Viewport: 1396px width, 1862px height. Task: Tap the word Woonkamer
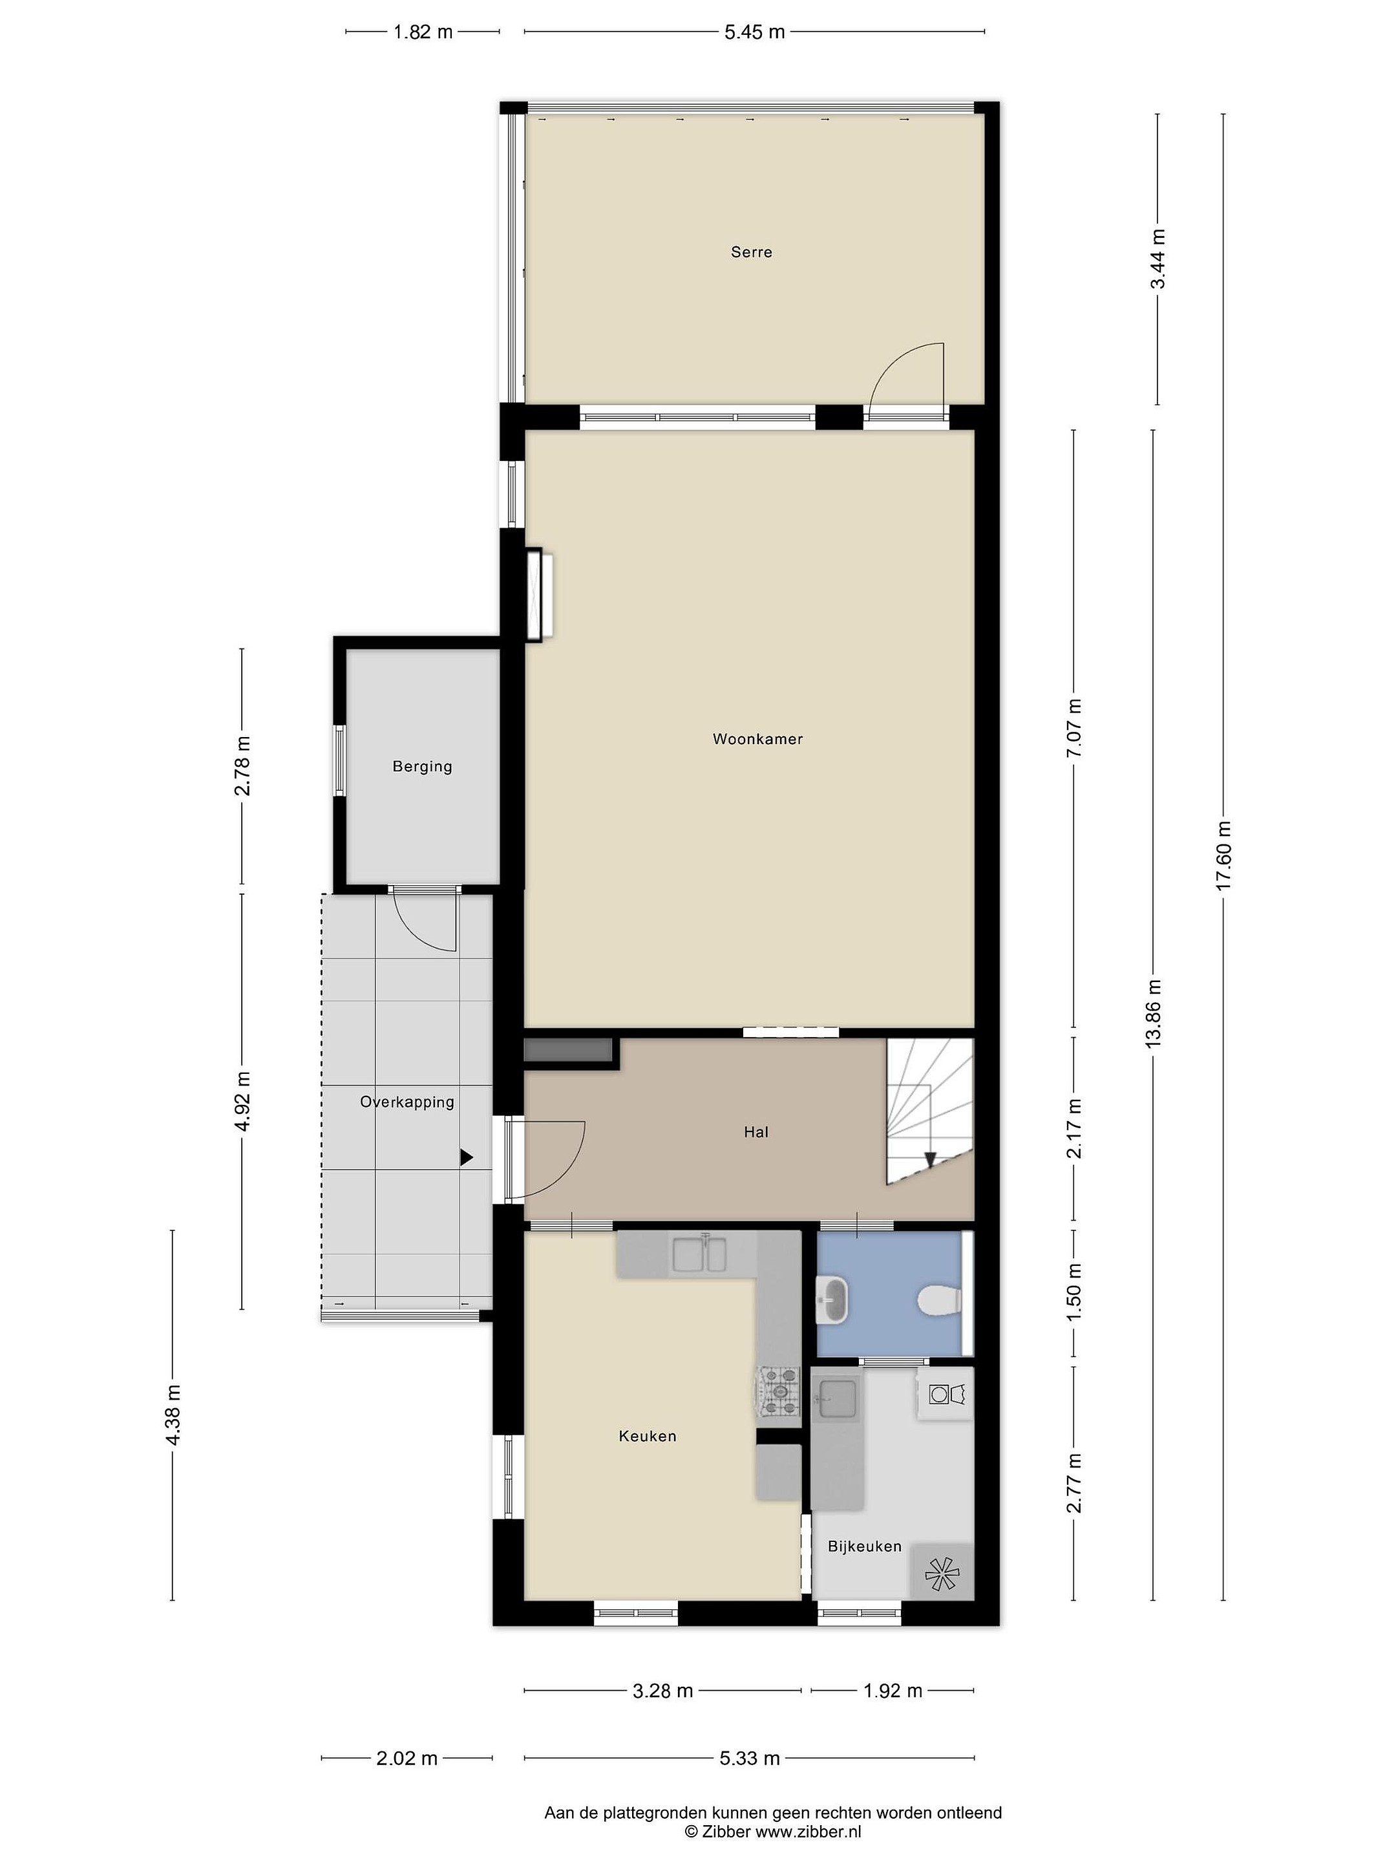click(757, 739)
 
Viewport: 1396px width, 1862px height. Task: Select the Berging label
click(423, 767)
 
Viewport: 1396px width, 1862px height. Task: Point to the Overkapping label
click(407, 1102)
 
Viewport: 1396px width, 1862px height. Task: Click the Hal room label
click(756, 1132)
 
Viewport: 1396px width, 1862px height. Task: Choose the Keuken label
click(647, 1436)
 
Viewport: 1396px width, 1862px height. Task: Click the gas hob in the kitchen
click(780, 1391)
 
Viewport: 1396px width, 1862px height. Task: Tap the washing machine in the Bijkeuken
click(945, 1395)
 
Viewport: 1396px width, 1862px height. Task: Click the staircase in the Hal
click(929, 1111)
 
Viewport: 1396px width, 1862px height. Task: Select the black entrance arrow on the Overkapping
click(466, 1159)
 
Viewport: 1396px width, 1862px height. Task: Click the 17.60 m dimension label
click(1223, 855)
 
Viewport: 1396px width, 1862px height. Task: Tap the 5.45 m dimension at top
click(754, 32)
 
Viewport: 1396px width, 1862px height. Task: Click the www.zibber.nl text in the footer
click(808, 1832)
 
